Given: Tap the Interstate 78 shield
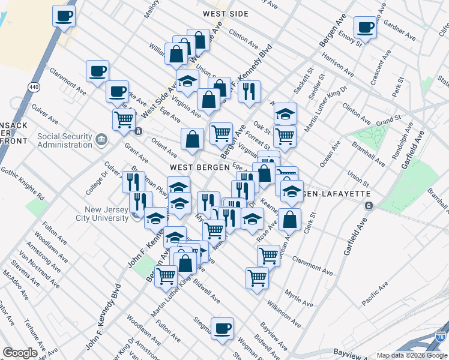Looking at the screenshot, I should pos(441,338).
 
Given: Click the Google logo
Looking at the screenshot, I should pos(20,353).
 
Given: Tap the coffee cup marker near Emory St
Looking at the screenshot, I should pos(365,27).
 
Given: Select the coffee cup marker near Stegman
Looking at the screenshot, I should pos(222,328).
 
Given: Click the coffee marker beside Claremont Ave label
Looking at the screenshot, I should pos(97,71).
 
